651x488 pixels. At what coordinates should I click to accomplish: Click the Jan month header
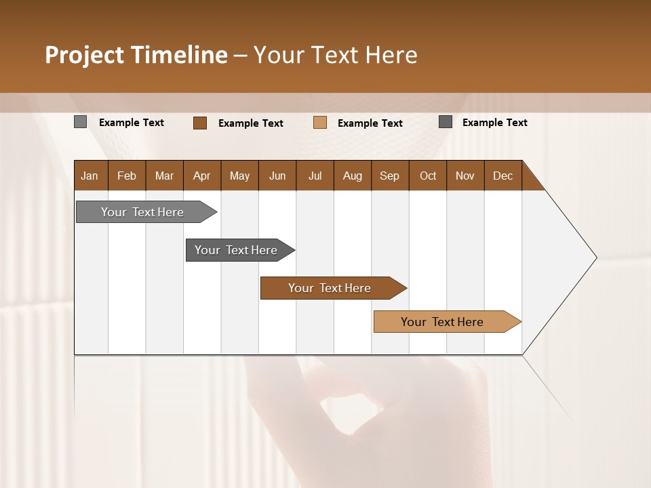(90, 176)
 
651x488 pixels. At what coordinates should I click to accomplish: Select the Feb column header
(127, 176)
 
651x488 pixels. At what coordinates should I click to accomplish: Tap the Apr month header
(202, 176)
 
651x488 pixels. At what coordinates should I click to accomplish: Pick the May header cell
(239, 176)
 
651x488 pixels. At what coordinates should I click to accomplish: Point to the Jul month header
(315, 176)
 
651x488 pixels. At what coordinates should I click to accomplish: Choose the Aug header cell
(353, 176)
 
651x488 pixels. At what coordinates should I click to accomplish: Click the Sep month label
(390, 176)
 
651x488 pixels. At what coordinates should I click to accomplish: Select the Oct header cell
(428, 176)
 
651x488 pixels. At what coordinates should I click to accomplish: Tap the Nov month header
(465, 176)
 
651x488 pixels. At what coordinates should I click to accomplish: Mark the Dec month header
(503, 176)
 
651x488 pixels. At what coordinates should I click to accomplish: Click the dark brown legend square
(200, 123)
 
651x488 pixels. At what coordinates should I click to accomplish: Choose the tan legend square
(320, 123)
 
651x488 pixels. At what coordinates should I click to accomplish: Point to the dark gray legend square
(446, 122)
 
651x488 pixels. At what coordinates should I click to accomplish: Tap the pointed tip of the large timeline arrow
(595, 258)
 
